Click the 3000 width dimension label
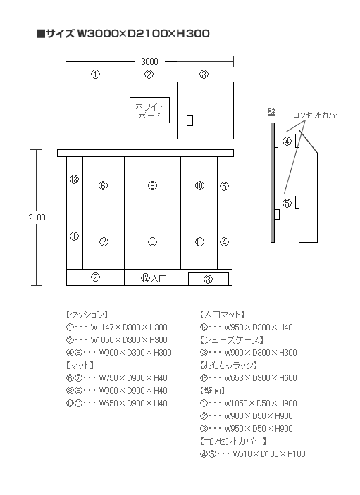[149, 61]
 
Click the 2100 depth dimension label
[37, 217]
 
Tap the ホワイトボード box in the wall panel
[149, 110]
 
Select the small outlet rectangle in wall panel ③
[190, 120]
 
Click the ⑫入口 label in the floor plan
[154, 278]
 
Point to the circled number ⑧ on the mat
[153, 186]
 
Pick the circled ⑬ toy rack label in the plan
[74, 180]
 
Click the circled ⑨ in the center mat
[153, 242]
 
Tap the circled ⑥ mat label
[104, 186]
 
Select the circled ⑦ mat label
[104, 242]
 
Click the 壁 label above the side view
[271, 112]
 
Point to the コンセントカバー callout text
[317, 115]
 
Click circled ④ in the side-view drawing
[287, 142]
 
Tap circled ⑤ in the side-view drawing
[287, 203]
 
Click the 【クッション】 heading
[87, 315]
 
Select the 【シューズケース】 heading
[232, 339]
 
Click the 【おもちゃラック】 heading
[229, 365]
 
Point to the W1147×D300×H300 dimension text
[129, 327]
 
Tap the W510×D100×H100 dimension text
[269, 454]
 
